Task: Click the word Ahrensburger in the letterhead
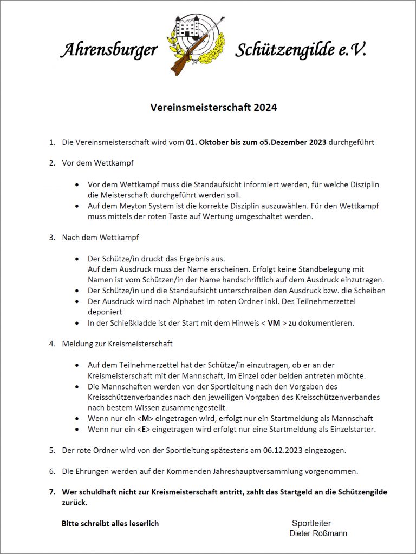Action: (x=108, y=50)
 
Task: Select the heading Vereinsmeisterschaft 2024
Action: (x=213, y=108)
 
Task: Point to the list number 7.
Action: (x=52, y=492)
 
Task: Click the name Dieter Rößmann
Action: (x=318, y=533)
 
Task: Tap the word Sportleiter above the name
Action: (x=311, y=523)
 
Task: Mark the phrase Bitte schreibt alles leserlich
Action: (x=110, y=523)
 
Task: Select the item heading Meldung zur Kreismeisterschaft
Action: (x=117, y=344)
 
